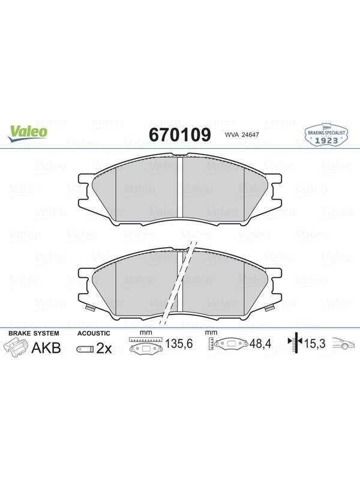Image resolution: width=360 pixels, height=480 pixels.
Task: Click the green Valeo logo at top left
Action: tap(28, 134)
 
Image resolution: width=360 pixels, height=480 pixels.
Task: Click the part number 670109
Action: tap(179, 134)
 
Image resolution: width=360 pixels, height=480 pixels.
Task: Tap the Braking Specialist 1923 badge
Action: tap(326, 135)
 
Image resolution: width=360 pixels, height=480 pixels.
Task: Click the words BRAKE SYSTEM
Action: tap(34, 333)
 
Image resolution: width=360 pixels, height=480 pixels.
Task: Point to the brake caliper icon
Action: tap(16, 348)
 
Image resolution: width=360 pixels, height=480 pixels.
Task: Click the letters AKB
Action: tap(46, 348)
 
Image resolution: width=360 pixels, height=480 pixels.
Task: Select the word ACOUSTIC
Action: tap(94, 333)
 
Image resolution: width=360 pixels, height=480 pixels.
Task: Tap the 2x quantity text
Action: tap(104, 349)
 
